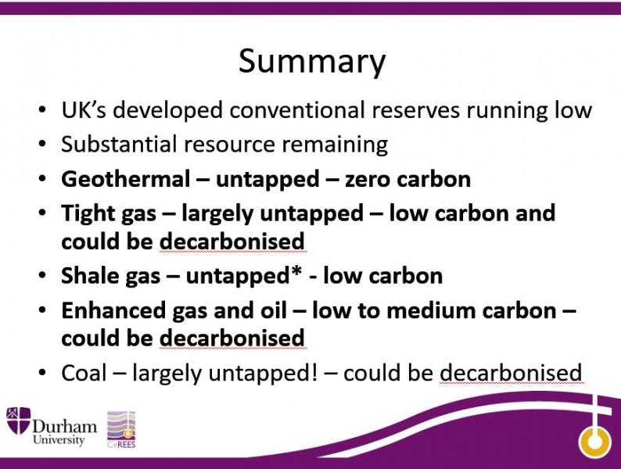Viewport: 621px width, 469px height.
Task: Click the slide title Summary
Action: (x=312, y=61)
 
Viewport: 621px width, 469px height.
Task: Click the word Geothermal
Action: (x=126, y=179)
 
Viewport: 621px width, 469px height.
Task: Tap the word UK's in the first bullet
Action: (x=84, y=109)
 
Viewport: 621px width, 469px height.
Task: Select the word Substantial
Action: (x=119, y=144)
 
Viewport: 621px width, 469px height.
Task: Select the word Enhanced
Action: (x=113, y=310)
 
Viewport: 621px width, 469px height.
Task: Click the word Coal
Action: (x=84, y=373)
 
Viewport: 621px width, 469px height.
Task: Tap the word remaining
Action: (x=335, y=145)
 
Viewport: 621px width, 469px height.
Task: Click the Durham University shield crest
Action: (x=18, y=421)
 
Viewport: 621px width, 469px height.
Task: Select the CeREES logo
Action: (x=121, y=429)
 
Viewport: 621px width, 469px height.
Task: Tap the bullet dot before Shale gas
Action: (x=42, y=276)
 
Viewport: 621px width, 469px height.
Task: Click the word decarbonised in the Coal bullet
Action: (x=511, y=373)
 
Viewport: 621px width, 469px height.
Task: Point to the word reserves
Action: (x=415, y=111)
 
